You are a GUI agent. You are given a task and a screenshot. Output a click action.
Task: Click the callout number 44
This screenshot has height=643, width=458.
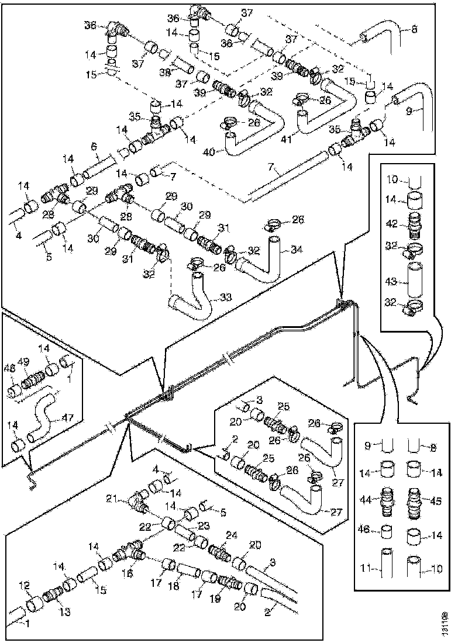coord(366,500)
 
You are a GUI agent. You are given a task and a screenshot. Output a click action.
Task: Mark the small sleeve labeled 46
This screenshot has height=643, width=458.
coord(387,531)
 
